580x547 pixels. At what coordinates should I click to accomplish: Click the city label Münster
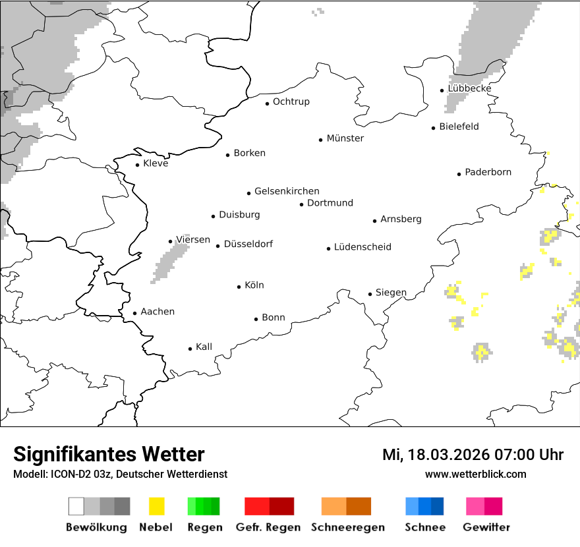click(x=345, y=138)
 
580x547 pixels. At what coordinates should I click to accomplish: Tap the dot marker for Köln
click(x=239, y=287)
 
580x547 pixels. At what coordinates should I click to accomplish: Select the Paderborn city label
click(x=488, y=173)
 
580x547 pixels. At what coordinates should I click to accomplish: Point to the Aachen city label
click(x=158, y=312)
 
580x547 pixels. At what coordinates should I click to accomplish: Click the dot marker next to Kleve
click(x=138, y=165)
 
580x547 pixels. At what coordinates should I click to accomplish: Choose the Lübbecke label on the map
click(x=469, y=89)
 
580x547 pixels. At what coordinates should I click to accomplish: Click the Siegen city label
click(x=391, y=293)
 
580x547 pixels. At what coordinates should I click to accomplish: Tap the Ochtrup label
click(x=291, y=102)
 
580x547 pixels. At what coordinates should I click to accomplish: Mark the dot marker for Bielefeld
click(x=434, y=128)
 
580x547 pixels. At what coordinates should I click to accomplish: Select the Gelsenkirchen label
click(x=287, y=192)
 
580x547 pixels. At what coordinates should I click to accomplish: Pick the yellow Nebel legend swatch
click(x=157, y=506)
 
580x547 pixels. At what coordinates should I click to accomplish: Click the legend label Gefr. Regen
click(x=268, y=527)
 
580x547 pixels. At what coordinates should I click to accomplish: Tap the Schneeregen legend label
click(x=348, y=527)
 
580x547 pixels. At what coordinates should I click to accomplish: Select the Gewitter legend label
click(x=486, y=527)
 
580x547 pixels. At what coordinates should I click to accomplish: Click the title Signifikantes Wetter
click(x=109, y=455)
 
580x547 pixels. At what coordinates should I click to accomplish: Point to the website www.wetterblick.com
click(x=475, y=475)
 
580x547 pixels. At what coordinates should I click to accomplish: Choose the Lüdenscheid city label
click(x=362, y=247)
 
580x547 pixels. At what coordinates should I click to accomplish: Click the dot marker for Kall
click(x=190, y=349)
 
